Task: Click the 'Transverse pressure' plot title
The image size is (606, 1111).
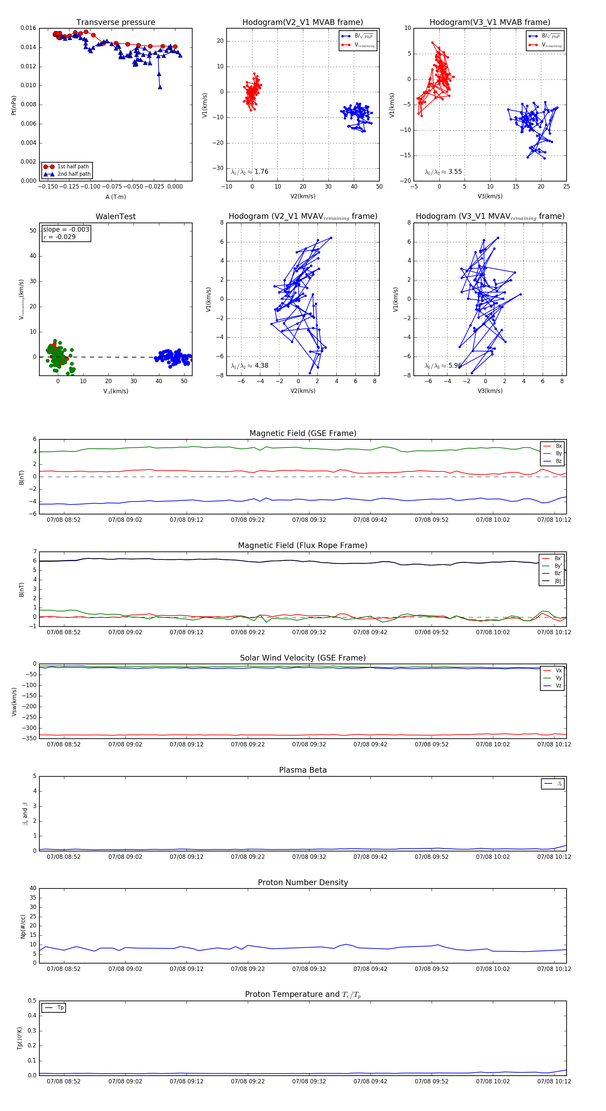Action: (115, 23)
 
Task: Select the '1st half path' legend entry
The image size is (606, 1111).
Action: (72, 166)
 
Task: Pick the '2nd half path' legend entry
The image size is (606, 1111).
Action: (74, 174)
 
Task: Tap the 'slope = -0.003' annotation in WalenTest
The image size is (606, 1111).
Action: (66, 230)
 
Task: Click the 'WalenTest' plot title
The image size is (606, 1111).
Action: (115, 216)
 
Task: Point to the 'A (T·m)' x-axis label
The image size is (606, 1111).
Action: (115, 197)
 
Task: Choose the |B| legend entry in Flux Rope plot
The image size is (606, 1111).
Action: (558, 581)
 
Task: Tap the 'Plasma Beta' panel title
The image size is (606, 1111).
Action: (303, 770)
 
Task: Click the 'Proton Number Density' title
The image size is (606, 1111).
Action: (303, 882)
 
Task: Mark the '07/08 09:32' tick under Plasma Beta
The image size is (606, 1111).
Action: (309, 857)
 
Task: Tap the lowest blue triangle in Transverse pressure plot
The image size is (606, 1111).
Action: (160, 87)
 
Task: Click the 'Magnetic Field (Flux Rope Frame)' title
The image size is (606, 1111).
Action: (303, 546)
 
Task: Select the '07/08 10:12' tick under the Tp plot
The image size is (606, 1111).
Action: (554, 1081)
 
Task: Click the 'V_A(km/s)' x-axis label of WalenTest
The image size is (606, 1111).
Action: (115, 391)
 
